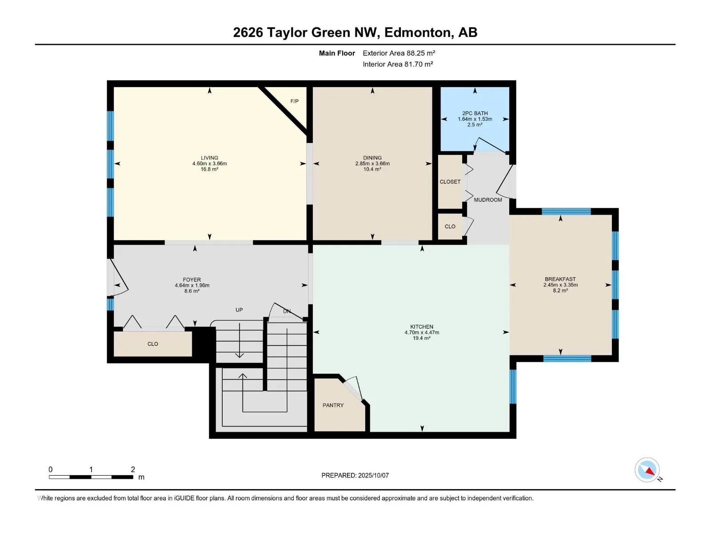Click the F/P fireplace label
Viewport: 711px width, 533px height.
pyautogui.click(x=294, y=101)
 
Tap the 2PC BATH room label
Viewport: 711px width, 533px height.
pyautogui.click(x=475, y=113)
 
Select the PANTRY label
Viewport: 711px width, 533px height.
pyautogui.click(x=333, y=405)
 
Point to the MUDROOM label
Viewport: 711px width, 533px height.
pyautogui.click(x=488, y=200)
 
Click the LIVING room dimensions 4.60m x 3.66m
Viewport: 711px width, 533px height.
pyautogui.click(x=210, y=164)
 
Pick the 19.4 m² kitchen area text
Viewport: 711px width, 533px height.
pyautogui.click(x=422, y=338)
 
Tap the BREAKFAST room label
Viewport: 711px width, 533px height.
pyautogui.click(x=560, y=279)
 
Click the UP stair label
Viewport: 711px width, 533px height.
pyautogui.click(x=239, y=310)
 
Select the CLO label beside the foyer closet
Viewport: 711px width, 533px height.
pyautogui.click(x=152, y=344)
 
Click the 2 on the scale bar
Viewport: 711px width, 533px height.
pyautogui.click(x=133, y=469)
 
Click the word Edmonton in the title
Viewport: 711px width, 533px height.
pyautogui.click(x=418, y=33)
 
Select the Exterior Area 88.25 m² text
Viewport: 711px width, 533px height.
pyautogui.click(x=399, y=53)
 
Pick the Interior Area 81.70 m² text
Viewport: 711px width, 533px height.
pyautogui.click(x=398, y=64)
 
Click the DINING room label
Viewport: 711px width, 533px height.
pyautogui.click(x=372, y=158)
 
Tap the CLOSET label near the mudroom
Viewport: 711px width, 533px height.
pyautogui.click(x=450, y=182)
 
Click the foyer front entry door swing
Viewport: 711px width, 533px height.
pyautogui.click(x=118, y=278)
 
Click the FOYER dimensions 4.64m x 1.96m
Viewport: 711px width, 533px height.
pyautogui.click(x=192, y=286)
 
